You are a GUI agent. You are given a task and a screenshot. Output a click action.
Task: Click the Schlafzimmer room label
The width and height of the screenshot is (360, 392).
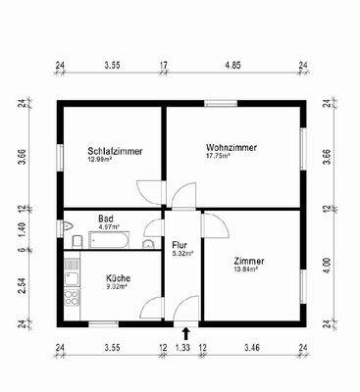coord(110,151)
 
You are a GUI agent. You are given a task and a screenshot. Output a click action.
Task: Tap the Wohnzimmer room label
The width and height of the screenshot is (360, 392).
coord(231,147)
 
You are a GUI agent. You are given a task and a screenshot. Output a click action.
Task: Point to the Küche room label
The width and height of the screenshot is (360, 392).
coord(118,277)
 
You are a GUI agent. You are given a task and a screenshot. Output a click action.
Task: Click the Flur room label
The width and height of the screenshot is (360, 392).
coord(180,244)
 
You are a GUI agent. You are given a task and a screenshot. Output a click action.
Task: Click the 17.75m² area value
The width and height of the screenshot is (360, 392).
coord(219,156)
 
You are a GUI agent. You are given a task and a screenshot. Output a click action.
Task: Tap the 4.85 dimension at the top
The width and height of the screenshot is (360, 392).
coord(232,68)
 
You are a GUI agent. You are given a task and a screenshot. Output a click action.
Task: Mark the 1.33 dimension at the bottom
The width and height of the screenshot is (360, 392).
coord(182,347)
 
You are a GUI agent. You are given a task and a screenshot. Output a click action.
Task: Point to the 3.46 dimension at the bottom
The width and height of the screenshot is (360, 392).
coord(251,347)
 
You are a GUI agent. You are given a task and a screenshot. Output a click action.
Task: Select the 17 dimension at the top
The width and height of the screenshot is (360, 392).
coord(163,68)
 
